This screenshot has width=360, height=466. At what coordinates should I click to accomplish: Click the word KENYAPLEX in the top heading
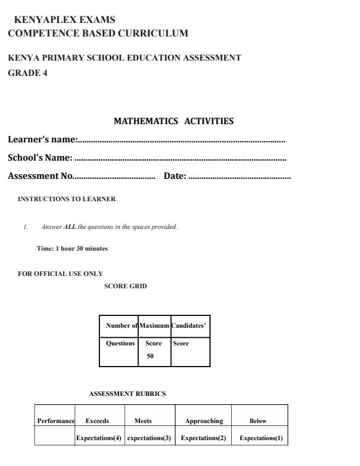point(45,20)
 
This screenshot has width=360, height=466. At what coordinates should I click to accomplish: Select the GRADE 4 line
point(28,73)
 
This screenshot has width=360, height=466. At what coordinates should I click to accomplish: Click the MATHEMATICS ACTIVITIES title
point(174,121)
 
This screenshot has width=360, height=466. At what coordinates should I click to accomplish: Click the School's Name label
point(40,158)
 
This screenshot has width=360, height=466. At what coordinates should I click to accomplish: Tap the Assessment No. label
point(41,176)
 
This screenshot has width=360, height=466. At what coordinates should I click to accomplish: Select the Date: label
point(175,176)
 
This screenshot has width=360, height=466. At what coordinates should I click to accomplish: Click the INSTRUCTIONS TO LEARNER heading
point(67,199)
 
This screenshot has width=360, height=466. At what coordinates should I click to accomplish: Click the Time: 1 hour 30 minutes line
point(72,248)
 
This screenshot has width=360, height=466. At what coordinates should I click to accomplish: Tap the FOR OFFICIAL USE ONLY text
point(61,274)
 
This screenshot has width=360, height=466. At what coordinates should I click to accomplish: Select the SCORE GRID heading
point(125,286)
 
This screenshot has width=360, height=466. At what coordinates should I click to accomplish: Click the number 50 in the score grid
point(150,355)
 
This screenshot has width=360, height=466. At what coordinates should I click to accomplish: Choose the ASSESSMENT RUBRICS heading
point(127,394)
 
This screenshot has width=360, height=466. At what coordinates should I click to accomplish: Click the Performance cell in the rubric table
point(56,421)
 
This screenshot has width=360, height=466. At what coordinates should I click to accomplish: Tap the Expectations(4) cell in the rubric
point(99,438)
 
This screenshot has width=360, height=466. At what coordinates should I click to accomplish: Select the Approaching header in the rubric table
point(204,421)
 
